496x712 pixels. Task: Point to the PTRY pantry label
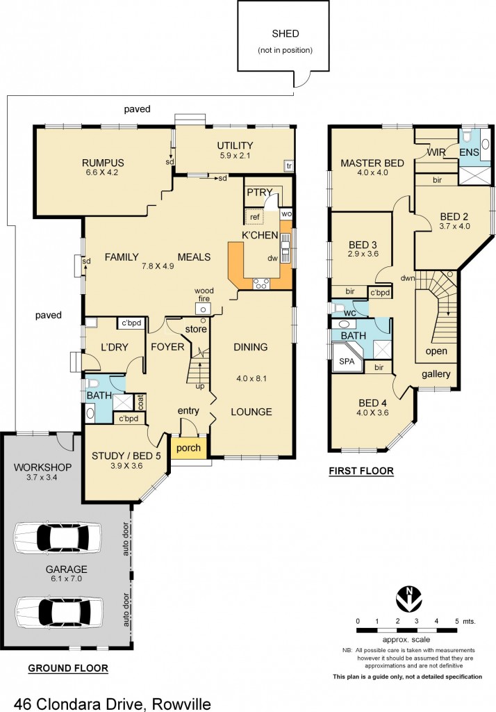[x=258, y=191]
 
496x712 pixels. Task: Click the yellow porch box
[x=188, y=448]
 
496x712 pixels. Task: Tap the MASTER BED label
[x=372, y=163]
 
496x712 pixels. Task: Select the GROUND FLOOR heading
[x=68, y=668]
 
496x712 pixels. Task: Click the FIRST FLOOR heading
[x=361, y=471]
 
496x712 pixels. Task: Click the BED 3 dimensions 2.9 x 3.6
[x=362, y=254]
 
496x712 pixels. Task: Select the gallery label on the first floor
[x=436, y=374]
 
